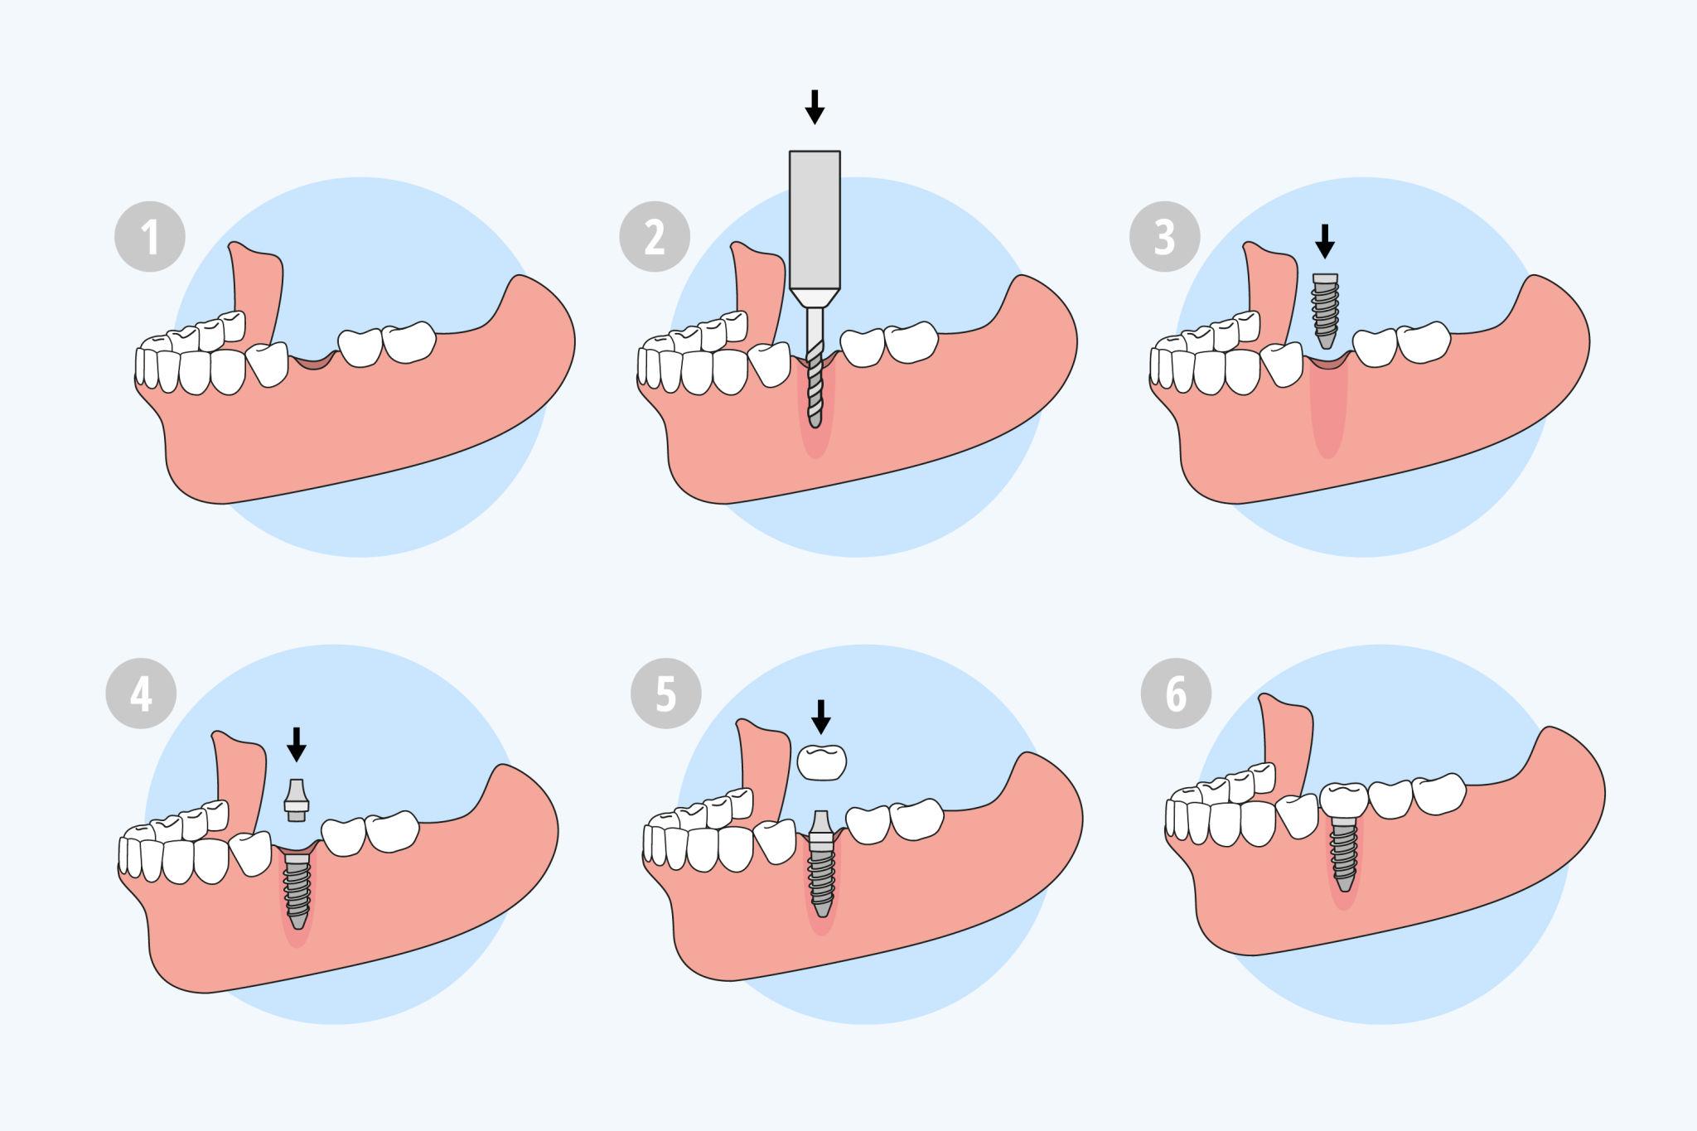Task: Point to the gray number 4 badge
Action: [x=141, y=694]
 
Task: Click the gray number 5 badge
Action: [x=665, y=694]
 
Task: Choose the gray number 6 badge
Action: [x=1176, y=694]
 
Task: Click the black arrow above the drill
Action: [x=815, y=106]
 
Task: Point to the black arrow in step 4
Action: [x=296, y=743]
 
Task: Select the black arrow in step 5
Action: [x=820, y=716]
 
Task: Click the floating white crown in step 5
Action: [x=822, y=761]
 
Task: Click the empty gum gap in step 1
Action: [x=312, y=362]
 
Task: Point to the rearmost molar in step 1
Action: [x=410, y=341]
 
